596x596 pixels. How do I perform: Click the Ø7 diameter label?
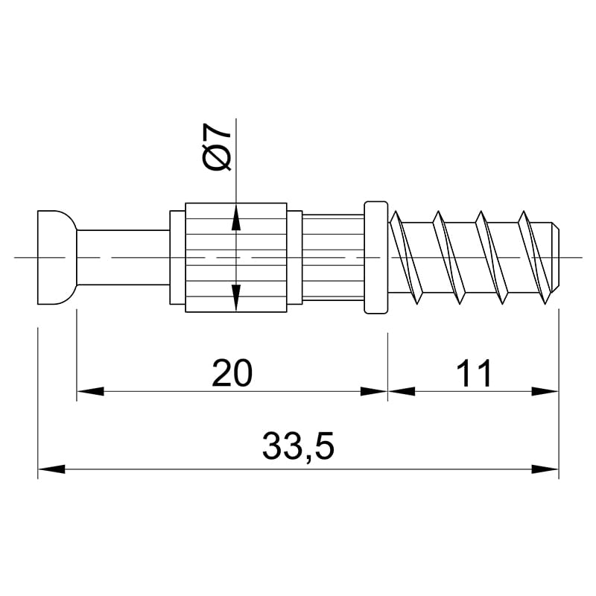pos(217,147)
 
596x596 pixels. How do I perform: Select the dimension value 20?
pos(232,373)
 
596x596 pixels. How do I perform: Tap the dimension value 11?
pos(474,373)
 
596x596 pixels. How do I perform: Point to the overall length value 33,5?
pos(298,446)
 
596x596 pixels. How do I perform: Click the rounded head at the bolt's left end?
pos(57,257)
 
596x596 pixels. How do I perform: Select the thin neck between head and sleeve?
pos(123,257)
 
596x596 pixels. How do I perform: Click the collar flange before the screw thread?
pos(376,257)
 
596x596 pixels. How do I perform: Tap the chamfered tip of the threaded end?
pos(556,257)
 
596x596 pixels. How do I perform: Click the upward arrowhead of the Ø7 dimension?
pos(236,218)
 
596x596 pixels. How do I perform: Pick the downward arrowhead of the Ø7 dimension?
pos(236,297)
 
